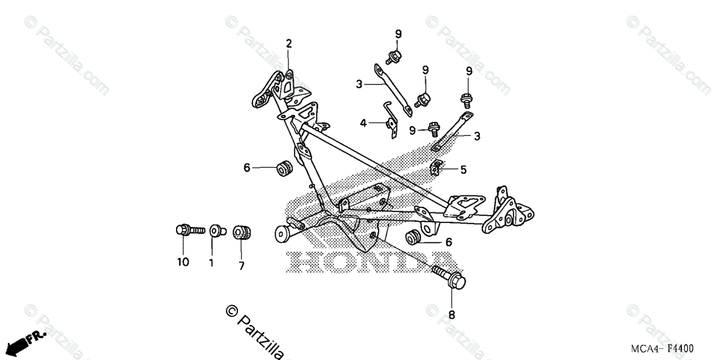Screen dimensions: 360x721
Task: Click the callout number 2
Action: [288, 43]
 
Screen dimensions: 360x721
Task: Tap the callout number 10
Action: [183, 262]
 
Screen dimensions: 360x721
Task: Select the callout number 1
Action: [211, 262]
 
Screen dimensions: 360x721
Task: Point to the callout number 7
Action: [242, 266]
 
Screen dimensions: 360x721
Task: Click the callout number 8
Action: [452, 314]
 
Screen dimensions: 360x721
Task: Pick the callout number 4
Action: [363, 123]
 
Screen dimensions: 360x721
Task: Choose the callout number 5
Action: [463, 170]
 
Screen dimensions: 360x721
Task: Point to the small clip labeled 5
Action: [437, 168]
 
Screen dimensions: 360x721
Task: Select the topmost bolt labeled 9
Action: [395, 56]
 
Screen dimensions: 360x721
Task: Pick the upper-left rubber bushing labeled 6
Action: [284, 168]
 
